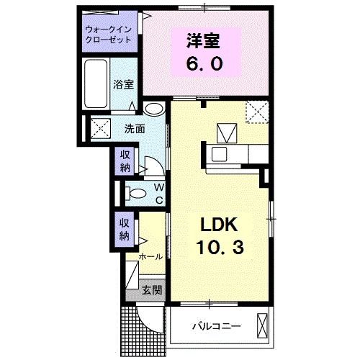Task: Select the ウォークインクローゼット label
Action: [108, 35]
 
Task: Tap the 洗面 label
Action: [135, 130]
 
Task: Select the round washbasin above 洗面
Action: [153, 110]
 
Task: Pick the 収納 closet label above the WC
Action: [125, 161]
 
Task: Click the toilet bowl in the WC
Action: [134, 192]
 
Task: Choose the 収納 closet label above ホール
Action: [125, 229]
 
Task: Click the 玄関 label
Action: [150, 292]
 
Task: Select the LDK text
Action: [219, 225]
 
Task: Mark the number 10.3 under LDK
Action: [219, 247]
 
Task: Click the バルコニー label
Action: [215, 326]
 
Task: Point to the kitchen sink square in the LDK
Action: [227, 132]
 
